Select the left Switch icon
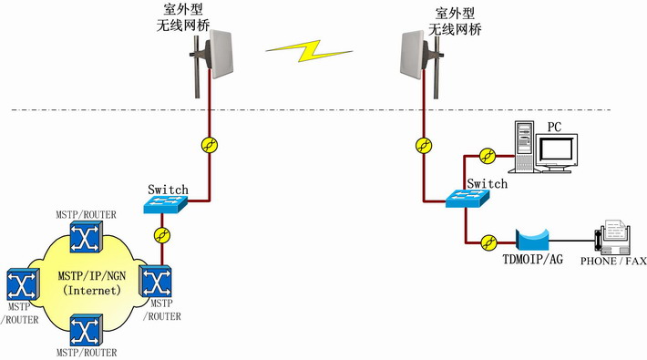tap(165, 206)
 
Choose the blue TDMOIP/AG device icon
tap(534, 241)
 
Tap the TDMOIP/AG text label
tap(533, 261)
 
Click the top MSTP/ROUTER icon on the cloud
tap(86, 239)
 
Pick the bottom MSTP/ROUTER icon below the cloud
tap(86, 330)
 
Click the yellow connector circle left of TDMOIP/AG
tap(488, 242)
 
